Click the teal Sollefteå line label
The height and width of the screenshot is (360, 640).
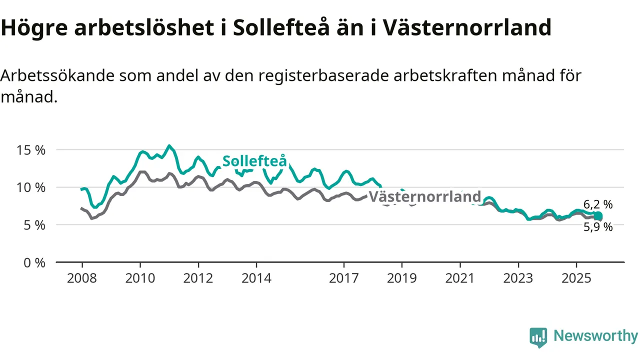coord(254,161)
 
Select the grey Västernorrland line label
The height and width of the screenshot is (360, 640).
coord(424,197)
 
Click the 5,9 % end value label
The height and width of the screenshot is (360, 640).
coord(598,227)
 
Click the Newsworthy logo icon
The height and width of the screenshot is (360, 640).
coord(538,337)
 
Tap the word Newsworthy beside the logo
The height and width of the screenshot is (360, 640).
coord(595,336)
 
